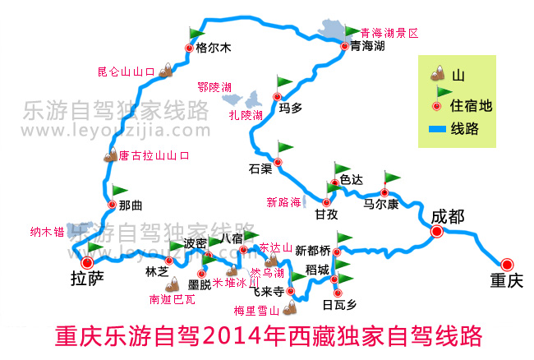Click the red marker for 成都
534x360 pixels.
coord(436,232)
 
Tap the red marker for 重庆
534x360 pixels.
coord(507,264)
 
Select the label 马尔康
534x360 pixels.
coord(382,202)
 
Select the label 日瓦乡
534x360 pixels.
coord(339,303)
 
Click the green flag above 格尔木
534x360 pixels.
coord(196,33)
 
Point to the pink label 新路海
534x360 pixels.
coord(283,201)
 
